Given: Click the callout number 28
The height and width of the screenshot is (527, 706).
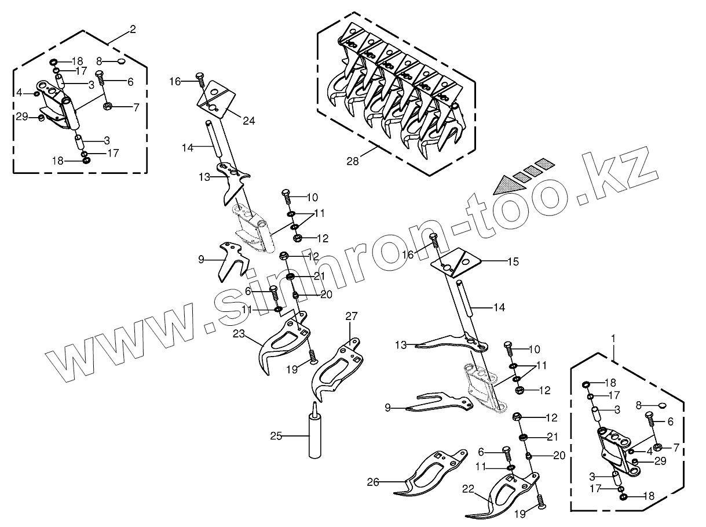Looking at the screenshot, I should tap(352, 161).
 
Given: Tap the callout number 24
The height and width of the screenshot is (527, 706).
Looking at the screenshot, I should tap(249, 121).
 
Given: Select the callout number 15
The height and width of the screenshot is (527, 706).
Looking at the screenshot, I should tap(513, 261).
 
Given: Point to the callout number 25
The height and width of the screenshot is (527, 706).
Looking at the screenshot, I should tap(276, 435).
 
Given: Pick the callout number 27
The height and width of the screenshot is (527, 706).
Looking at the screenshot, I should tap(352, 316).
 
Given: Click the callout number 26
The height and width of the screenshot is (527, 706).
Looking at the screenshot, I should tap(373, 482).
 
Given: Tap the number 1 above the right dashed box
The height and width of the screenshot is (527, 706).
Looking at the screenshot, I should tap(613, 337).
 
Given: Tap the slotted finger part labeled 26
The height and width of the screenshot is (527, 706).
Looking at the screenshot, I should tap(431, 473).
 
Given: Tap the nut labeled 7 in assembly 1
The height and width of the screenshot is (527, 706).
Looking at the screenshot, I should tap(657, 446).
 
